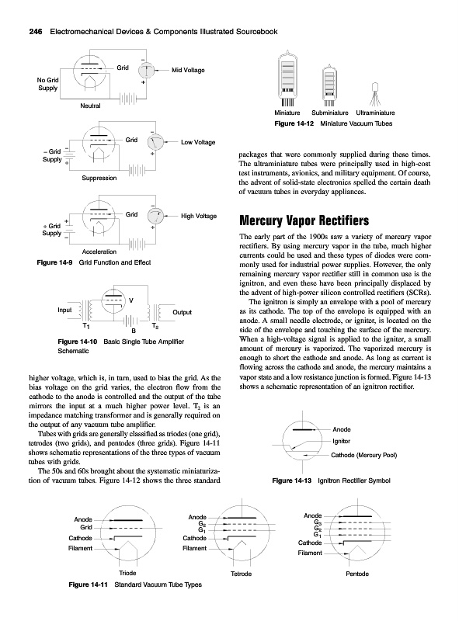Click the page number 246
point(36,32)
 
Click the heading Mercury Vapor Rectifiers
point(304,220)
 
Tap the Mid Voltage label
point(188,70)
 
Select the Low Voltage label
point(198,142)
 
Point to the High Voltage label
point(199,216)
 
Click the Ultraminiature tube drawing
point(375,94)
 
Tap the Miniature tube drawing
point(287,79)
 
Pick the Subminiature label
point(330,113)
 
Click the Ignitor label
point(341,441)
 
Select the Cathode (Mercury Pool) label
point(364,455)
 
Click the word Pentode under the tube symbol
point(357,574)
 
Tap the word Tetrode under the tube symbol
point(241,574)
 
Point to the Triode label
point(127,573)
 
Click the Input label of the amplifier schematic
point(64,310)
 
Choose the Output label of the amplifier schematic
point(182,312)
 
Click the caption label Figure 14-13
point(292,480)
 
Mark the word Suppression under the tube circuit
point(99,178)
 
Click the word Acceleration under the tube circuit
point(99,252)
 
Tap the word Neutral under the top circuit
point(90,106)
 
